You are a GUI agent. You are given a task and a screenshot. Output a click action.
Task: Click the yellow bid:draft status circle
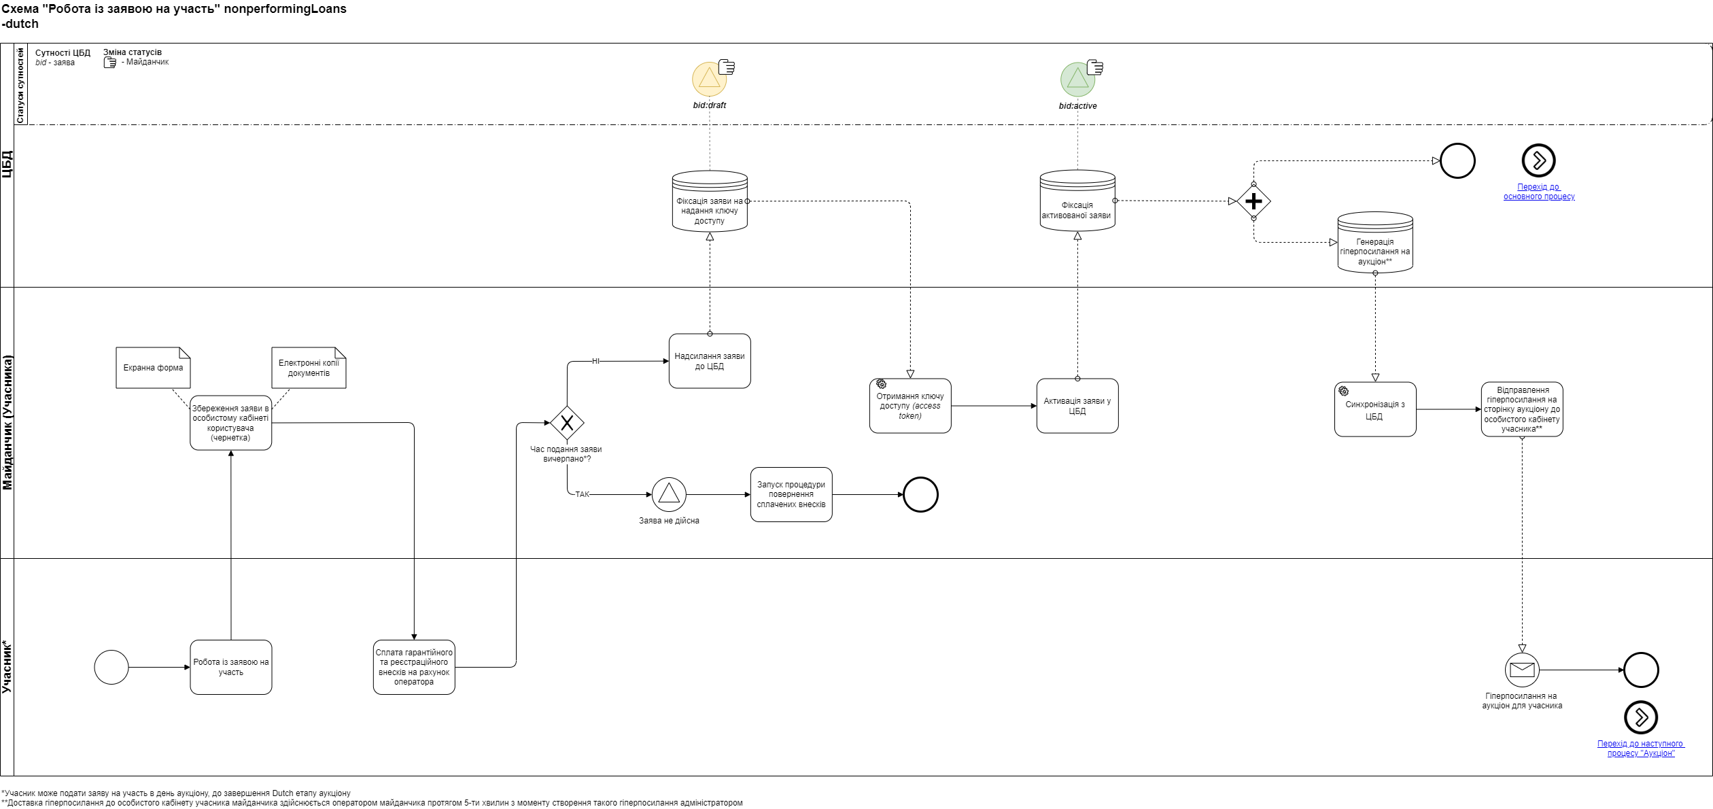tap(709, 79)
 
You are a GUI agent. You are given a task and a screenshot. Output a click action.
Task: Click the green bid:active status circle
tap(1077, 79)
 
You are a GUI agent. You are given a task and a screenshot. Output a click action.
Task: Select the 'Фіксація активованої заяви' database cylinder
tap(1077, 201)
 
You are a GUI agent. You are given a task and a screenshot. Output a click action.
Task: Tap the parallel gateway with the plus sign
tap(1253, 201)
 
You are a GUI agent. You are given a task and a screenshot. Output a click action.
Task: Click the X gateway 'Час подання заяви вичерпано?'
tap(567, 423)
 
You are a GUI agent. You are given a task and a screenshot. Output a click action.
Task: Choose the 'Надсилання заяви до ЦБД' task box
tap(710, 361)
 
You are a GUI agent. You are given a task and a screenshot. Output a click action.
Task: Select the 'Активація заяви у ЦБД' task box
tap(1077, 406)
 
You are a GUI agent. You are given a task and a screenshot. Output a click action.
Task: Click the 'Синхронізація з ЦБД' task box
tap(1375, 409)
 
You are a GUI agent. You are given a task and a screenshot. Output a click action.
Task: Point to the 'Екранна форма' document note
tap(153, 368)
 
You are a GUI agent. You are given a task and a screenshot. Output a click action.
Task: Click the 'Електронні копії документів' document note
tap(309, 368)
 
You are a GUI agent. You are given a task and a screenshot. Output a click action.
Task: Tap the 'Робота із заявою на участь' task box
tap(231, 667)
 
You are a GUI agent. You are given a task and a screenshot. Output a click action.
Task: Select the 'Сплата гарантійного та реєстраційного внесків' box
tap(414, 667)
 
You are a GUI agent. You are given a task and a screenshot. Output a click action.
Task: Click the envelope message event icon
tap(1522, 670)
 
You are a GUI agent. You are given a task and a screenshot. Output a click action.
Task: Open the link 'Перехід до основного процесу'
tap(1539, 192)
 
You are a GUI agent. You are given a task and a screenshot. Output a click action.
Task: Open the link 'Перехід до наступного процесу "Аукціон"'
tap(1640, 748)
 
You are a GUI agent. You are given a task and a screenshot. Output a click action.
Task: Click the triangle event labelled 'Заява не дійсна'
tap(669, 494)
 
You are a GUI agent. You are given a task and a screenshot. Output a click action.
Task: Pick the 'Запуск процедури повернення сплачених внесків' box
tap(791, 494)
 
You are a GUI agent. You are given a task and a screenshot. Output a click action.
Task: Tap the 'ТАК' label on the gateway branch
tap(583, 494)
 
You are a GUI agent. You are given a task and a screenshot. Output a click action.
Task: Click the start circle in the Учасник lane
tap(111, 667)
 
